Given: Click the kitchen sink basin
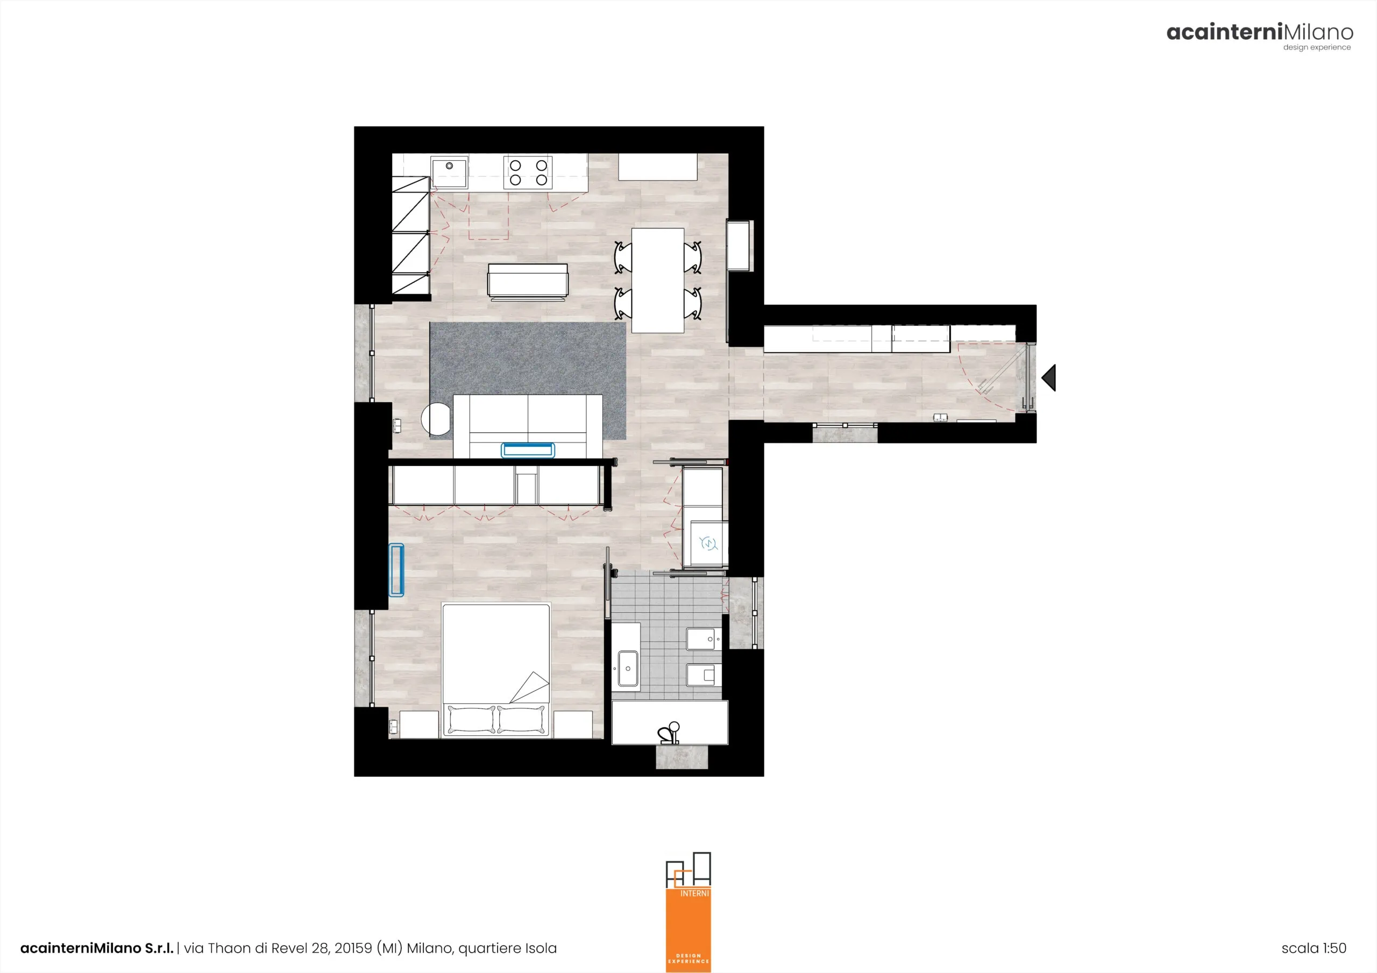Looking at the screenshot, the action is [449, 171].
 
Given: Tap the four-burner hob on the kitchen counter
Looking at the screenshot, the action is [528, 173].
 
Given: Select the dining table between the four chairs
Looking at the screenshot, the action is [658, 280].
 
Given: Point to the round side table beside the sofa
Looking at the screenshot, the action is [436, 418].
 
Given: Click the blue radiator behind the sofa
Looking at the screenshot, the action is [528, 449].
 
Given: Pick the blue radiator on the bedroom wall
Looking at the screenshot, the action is [396, 569].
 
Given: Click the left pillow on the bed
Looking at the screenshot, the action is [471, 719].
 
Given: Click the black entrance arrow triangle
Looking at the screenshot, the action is [1049, 378].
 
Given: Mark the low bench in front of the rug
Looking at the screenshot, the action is [528, 281].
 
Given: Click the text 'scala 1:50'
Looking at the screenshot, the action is [1314, 948].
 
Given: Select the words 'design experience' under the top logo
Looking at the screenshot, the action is [1317, 47].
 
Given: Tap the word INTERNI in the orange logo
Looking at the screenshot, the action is [694, 893].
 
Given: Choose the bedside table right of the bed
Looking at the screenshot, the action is [573, 724].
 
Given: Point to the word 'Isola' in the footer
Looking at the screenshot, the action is [541, 948].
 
